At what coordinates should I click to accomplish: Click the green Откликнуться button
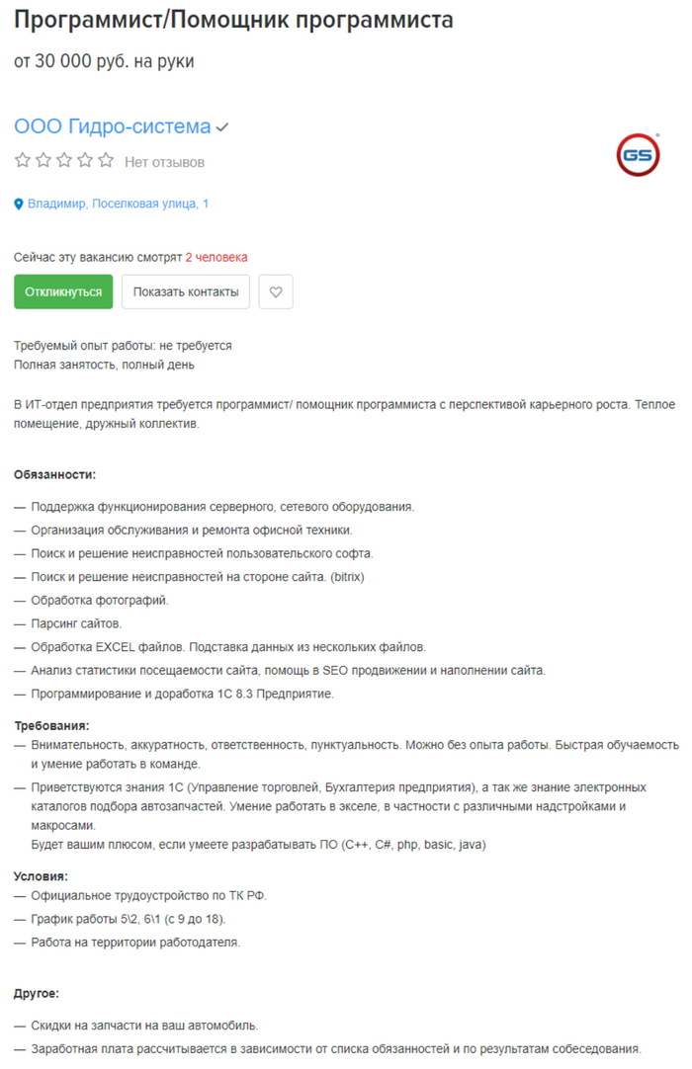coord(63,291)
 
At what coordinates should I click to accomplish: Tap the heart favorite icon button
coord(276,291)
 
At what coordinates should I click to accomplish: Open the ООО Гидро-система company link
coord(112,126)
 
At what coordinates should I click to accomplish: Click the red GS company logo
coord(638,154)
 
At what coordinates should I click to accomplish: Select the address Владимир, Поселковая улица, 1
coord(118,204)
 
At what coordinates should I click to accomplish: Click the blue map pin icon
coord(19,205)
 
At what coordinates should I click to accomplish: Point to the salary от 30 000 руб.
coord(104,61)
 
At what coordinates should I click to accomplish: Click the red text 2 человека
coord(216,257)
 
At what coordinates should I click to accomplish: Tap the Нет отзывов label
coord(164,161)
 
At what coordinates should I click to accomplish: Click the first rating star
coord(22,160)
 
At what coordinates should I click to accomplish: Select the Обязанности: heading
coord(54,474)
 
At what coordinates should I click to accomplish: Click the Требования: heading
coord(51,725)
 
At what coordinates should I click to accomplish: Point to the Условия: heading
coord(41,875)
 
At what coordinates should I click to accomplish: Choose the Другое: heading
coord(37,993)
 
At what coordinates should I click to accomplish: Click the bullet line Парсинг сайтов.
coord(76,623)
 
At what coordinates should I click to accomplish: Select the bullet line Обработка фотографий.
coord(100,600)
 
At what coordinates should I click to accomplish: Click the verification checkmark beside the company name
coord(223,127)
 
